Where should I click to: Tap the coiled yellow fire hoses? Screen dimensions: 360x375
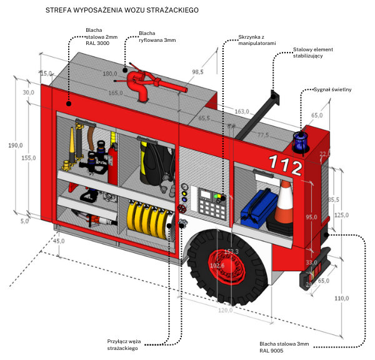(150, 221)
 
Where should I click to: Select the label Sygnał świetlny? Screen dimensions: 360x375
(332, 89)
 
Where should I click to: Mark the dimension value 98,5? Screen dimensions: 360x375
(198, 72)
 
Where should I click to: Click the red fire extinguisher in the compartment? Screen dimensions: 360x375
(113, 164)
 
